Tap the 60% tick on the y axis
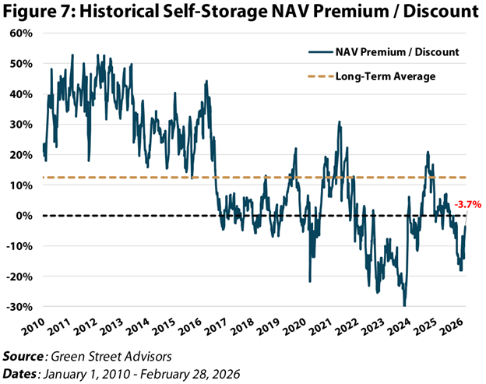point(19,33)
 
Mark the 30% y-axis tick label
point(19,125)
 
